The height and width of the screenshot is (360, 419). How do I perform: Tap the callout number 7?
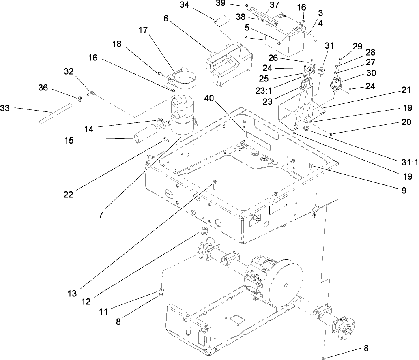click(100, 214)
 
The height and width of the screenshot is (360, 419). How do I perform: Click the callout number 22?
click(68, 195)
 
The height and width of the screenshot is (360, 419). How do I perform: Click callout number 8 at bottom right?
click(366, 348)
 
